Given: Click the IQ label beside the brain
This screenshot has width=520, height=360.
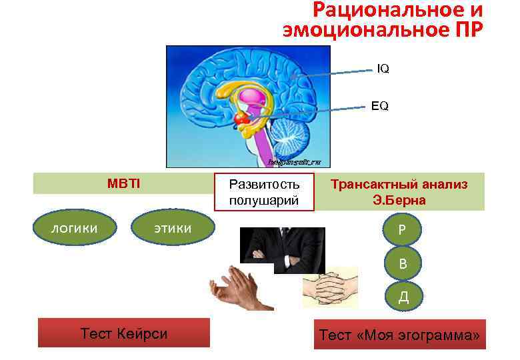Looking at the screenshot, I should point(383,69).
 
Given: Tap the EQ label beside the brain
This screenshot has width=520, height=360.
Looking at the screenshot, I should point(380,106).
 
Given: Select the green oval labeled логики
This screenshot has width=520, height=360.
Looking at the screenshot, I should point(75,229).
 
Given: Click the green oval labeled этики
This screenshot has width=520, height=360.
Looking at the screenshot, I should point(173,229).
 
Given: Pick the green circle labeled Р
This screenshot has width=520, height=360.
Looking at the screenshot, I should point(402,229).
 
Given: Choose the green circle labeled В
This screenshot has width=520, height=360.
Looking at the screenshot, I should point(402,263).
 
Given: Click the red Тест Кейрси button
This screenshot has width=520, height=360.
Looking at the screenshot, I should point(123,333).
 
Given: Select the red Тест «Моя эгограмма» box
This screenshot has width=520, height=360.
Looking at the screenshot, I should point(399,335).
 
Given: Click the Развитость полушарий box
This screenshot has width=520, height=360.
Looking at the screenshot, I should point(264,192).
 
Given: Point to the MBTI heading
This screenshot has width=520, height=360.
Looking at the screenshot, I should point(123,183).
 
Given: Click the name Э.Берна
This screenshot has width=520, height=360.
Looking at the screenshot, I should point(399,200).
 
